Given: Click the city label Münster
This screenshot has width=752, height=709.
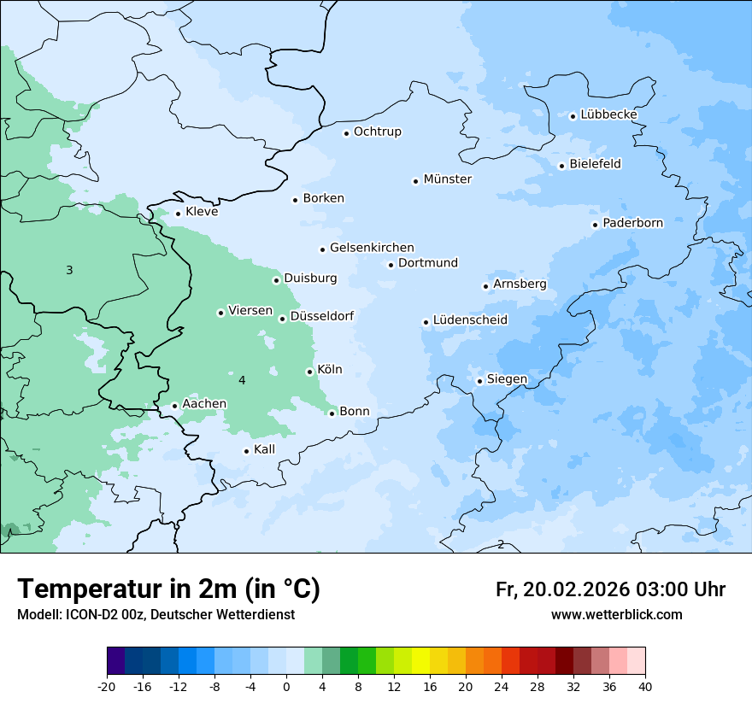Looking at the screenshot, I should pyautogui.click(x=447, y=179).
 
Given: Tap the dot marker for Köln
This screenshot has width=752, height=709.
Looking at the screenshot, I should pyautogui.click(x=309, y=372).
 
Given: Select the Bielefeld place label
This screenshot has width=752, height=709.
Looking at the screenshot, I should pyautogui.click(x=595, y=164).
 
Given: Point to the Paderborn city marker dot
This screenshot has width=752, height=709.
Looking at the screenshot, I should pyautogui.click(x=595, y=225).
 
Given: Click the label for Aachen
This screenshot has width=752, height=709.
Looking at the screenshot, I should pyautogui.click(x=204, y=404).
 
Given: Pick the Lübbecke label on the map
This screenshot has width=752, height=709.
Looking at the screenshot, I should pyautogui.click(x=608, y=114).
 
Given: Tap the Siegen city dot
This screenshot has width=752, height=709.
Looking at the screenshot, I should pyautogui.click(x=479, y=381).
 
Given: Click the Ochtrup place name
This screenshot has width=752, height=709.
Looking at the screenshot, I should pyautogui.click(x=377, y=132).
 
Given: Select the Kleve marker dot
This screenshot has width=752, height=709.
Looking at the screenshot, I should pyautogui.click(x=178, y=214).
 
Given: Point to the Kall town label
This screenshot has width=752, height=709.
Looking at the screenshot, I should pyautogui.click(x=264, y=449).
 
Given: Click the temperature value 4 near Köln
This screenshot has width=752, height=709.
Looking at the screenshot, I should pyautogui.click(x=242, y=380).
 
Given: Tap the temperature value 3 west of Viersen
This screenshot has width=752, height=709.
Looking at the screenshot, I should pyautogui.click(x=69, y=271).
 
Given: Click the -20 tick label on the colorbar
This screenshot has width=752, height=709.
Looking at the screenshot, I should pyautogui.click(x=107, y=687).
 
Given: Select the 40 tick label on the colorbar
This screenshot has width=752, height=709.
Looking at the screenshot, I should pyautogui.click(x=645, y=687).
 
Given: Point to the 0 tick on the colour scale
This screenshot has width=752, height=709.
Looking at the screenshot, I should pyautogui.click(x=286, y=687).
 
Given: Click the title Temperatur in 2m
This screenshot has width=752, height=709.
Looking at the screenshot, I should pyautogui.click(x=168, y=589).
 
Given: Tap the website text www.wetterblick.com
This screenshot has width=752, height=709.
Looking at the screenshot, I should pyautogui.click(x=616, y=615).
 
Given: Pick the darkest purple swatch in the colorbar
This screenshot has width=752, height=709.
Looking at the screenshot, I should pyautogui.click(x=115, y=661).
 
